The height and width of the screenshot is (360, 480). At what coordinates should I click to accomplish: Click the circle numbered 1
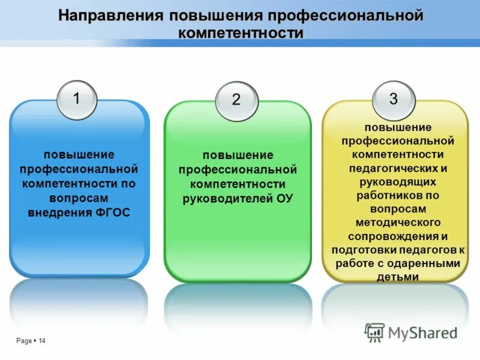point(76,99)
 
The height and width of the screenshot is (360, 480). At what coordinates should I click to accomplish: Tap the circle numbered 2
point(236,101)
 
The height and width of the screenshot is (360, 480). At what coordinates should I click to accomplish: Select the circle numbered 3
point(394,99)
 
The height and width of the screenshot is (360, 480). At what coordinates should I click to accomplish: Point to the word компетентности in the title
point(241,32)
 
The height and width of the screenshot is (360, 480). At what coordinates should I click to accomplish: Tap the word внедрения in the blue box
point(59,212)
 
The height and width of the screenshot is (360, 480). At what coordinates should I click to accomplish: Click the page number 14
point(42,341)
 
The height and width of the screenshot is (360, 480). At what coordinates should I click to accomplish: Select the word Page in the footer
point(24,341)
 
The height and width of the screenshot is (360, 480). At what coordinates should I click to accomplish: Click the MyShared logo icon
point(375,332)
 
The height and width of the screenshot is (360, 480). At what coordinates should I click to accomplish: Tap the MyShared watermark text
point(422,332)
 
